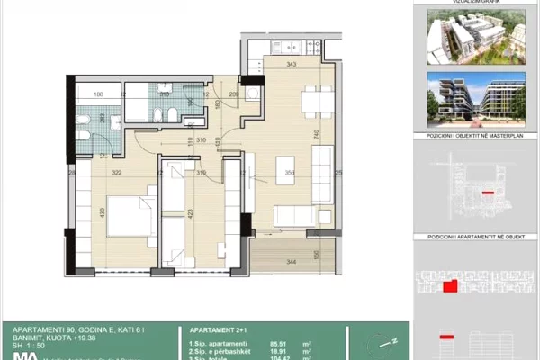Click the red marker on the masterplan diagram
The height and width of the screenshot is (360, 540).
click(x=489, y=192)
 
